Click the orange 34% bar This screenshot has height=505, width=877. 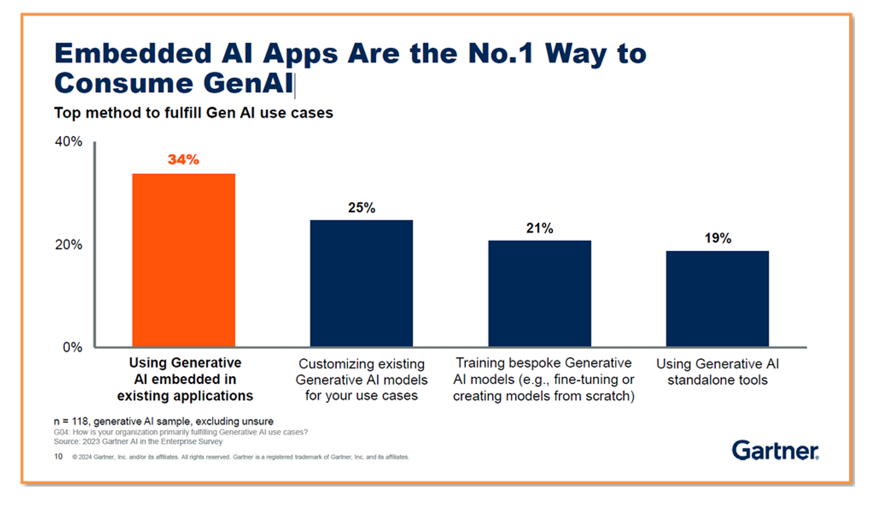pyautogui.click(x=184, y=260)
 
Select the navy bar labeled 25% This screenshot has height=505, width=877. pyautogui.click(x=361, y=283)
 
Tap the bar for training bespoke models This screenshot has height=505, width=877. pyautogui.click(x=539, y=294)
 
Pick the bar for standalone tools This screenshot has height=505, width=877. pyautogui.click(x=717, y=299)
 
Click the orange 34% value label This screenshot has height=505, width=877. pyautogui.click(x=184, y=160)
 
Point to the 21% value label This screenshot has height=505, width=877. pyautogui.click(x=539, y=228)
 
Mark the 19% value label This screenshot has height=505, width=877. pyautogui.click(x=718, y=238)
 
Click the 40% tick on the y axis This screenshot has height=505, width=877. pyautogui.click(x=69, y=142)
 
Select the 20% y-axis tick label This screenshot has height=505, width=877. pyautogui.click(x=69, y=245)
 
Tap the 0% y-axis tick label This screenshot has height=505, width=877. pyautogui.click(x=72, y=347)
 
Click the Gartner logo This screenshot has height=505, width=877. pyautogui.click(x=775, y=451)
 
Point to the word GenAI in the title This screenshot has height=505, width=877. pyautogui.click(x=248, y=83)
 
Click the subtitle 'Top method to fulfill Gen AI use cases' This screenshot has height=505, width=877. pyautogui.click(x=193, y=113)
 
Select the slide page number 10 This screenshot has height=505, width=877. pyautogui.click(x=58, y=456)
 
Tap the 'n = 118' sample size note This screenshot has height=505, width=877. pyautogui.click(x=163, y=421)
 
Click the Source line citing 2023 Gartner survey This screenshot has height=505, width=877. pyautogui.click(x=138, y=441)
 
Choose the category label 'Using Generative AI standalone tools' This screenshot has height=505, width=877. pyautogui.click(x=717, y=372)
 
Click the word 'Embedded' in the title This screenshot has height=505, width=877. pyautogui.click(x=133, y=53)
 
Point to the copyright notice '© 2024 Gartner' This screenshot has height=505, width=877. pyautogui.click(x=240, y=457)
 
